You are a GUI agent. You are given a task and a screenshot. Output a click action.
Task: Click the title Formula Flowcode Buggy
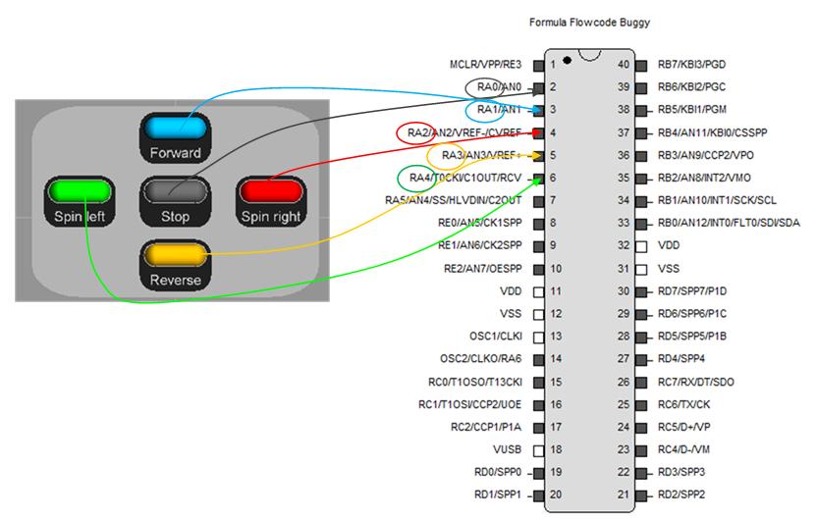(x=589, y=22)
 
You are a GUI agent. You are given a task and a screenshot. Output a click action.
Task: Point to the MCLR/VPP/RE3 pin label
(x=487, y=65)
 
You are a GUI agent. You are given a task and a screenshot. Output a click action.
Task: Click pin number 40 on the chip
(x=623, y=65)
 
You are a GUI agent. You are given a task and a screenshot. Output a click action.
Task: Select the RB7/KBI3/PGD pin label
(x=692, y=65)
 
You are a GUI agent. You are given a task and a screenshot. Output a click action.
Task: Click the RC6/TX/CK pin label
(x=684, y=404)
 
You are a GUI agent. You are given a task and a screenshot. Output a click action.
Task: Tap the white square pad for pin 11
(x=538, y=291)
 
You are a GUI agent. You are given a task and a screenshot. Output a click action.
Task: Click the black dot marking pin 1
(x=568, y=62)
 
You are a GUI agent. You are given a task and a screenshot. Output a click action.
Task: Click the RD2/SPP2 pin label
(x=681, y=494)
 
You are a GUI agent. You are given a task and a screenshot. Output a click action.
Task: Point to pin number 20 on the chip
(x=556, y=494)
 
